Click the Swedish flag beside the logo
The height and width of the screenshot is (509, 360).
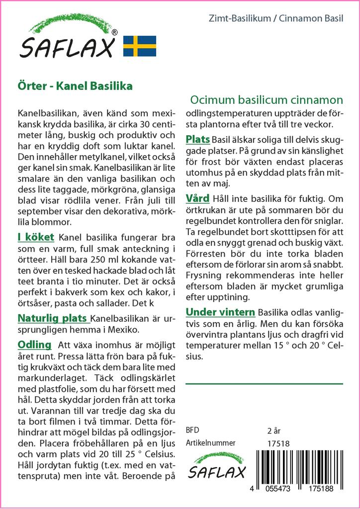(x=140, y=46)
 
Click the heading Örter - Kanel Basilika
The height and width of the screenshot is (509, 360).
(x=75, y=85)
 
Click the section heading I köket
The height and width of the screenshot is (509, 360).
(x=35, y=237)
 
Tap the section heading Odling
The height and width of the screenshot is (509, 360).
(x=34, y=344)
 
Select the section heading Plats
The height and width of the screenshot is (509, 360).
(x=198, y=139)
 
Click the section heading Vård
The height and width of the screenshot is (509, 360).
(x=197, y=198)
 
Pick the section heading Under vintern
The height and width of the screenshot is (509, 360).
(x=220, y=312)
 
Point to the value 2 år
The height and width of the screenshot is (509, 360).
(x=274, y=430)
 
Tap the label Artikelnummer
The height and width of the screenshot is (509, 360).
(x=210, y=443)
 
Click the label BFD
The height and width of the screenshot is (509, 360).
(x=191, y=430)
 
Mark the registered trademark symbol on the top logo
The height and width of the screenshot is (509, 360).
(x=115, y=33)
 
